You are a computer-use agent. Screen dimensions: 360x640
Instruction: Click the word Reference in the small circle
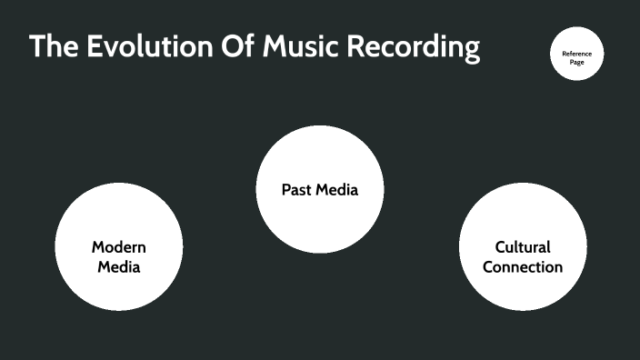point(576,53)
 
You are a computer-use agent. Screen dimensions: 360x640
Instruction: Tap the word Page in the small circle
point(576,63)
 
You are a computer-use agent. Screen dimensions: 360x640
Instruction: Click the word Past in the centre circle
point(295,190)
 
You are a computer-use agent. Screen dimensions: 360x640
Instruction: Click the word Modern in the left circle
point(118,247)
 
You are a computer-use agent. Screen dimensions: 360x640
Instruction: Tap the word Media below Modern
point(118,267)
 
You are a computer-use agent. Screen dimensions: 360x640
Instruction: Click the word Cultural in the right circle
point(523,247)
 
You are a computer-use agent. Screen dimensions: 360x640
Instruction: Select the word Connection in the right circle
point(523,267)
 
